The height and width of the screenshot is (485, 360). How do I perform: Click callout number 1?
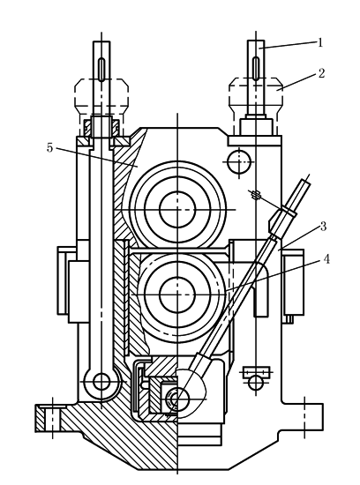(x=320, y=42)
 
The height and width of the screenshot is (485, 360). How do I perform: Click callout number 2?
(x=321, y=73)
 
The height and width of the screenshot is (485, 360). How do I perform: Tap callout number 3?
(x=323, y=227)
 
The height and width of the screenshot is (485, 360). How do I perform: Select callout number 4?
(x=326, y=259)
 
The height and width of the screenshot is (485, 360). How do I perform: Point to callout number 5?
(x=49, y=148)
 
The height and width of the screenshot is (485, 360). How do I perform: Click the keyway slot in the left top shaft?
(x=101, y=70)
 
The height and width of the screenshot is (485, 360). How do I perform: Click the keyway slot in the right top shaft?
(x=256, y=69)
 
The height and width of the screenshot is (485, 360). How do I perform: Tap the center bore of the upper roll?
(x=177, y=209)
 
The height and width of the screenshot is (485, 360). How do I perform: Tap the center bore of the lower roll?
(x=177, y=295)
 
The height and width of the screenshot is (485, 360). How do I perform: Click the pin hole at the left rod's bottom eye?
(x=101, y=382)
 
